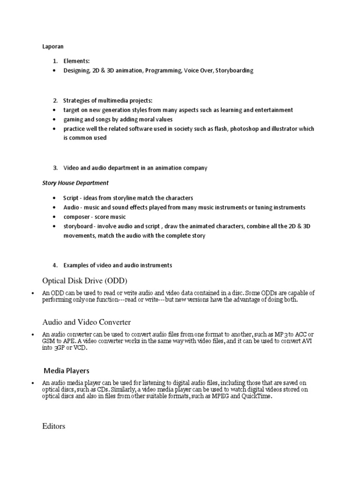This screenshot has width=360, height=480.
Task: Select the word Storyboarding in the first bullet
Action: [234, 70]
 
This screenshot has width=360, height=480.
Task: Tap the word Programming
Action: [161, 70]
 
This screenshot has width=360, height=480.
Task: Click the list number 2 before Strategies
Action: [55, 100]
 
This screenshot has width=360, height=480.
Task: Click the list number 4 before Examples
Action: [55, 265]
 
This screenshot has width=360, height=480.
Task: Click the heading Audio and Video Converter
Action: [86, 322]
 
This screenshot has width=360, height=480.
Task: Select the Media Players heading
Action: [67, 370]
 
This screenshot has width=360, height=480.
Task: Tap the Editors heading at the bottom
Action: [53, 427]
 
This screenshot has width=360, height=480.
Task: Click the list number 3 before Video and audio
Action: [55, 168]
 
